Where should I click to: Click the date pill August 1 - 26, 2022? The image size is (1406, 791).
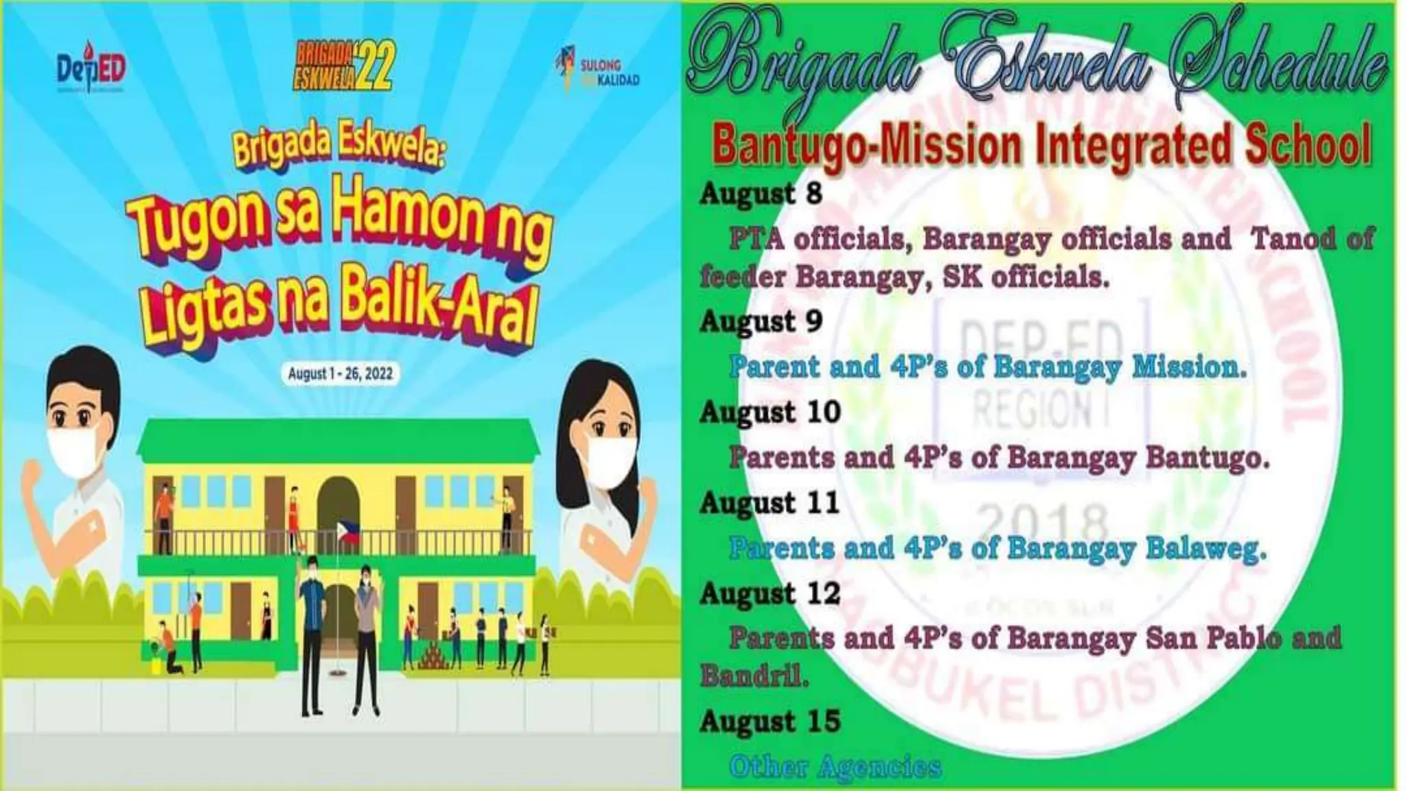coord(340,374)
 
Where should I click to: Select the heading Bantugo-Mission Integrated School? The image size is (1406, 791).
coord(1041,146)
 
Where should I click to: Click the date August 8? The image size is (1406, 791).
coord(761,194)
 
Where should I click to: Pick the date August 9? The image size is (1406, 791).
coord(761,321)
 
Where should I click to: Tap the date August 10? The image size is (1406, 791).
coord(770,412)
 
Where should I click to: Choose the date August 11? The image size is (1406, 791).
coord(770,503)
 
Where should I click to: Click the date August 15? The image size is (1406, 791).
coord(770,721)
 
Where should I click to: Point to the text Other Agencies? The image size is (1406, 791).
coord(835,766)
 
